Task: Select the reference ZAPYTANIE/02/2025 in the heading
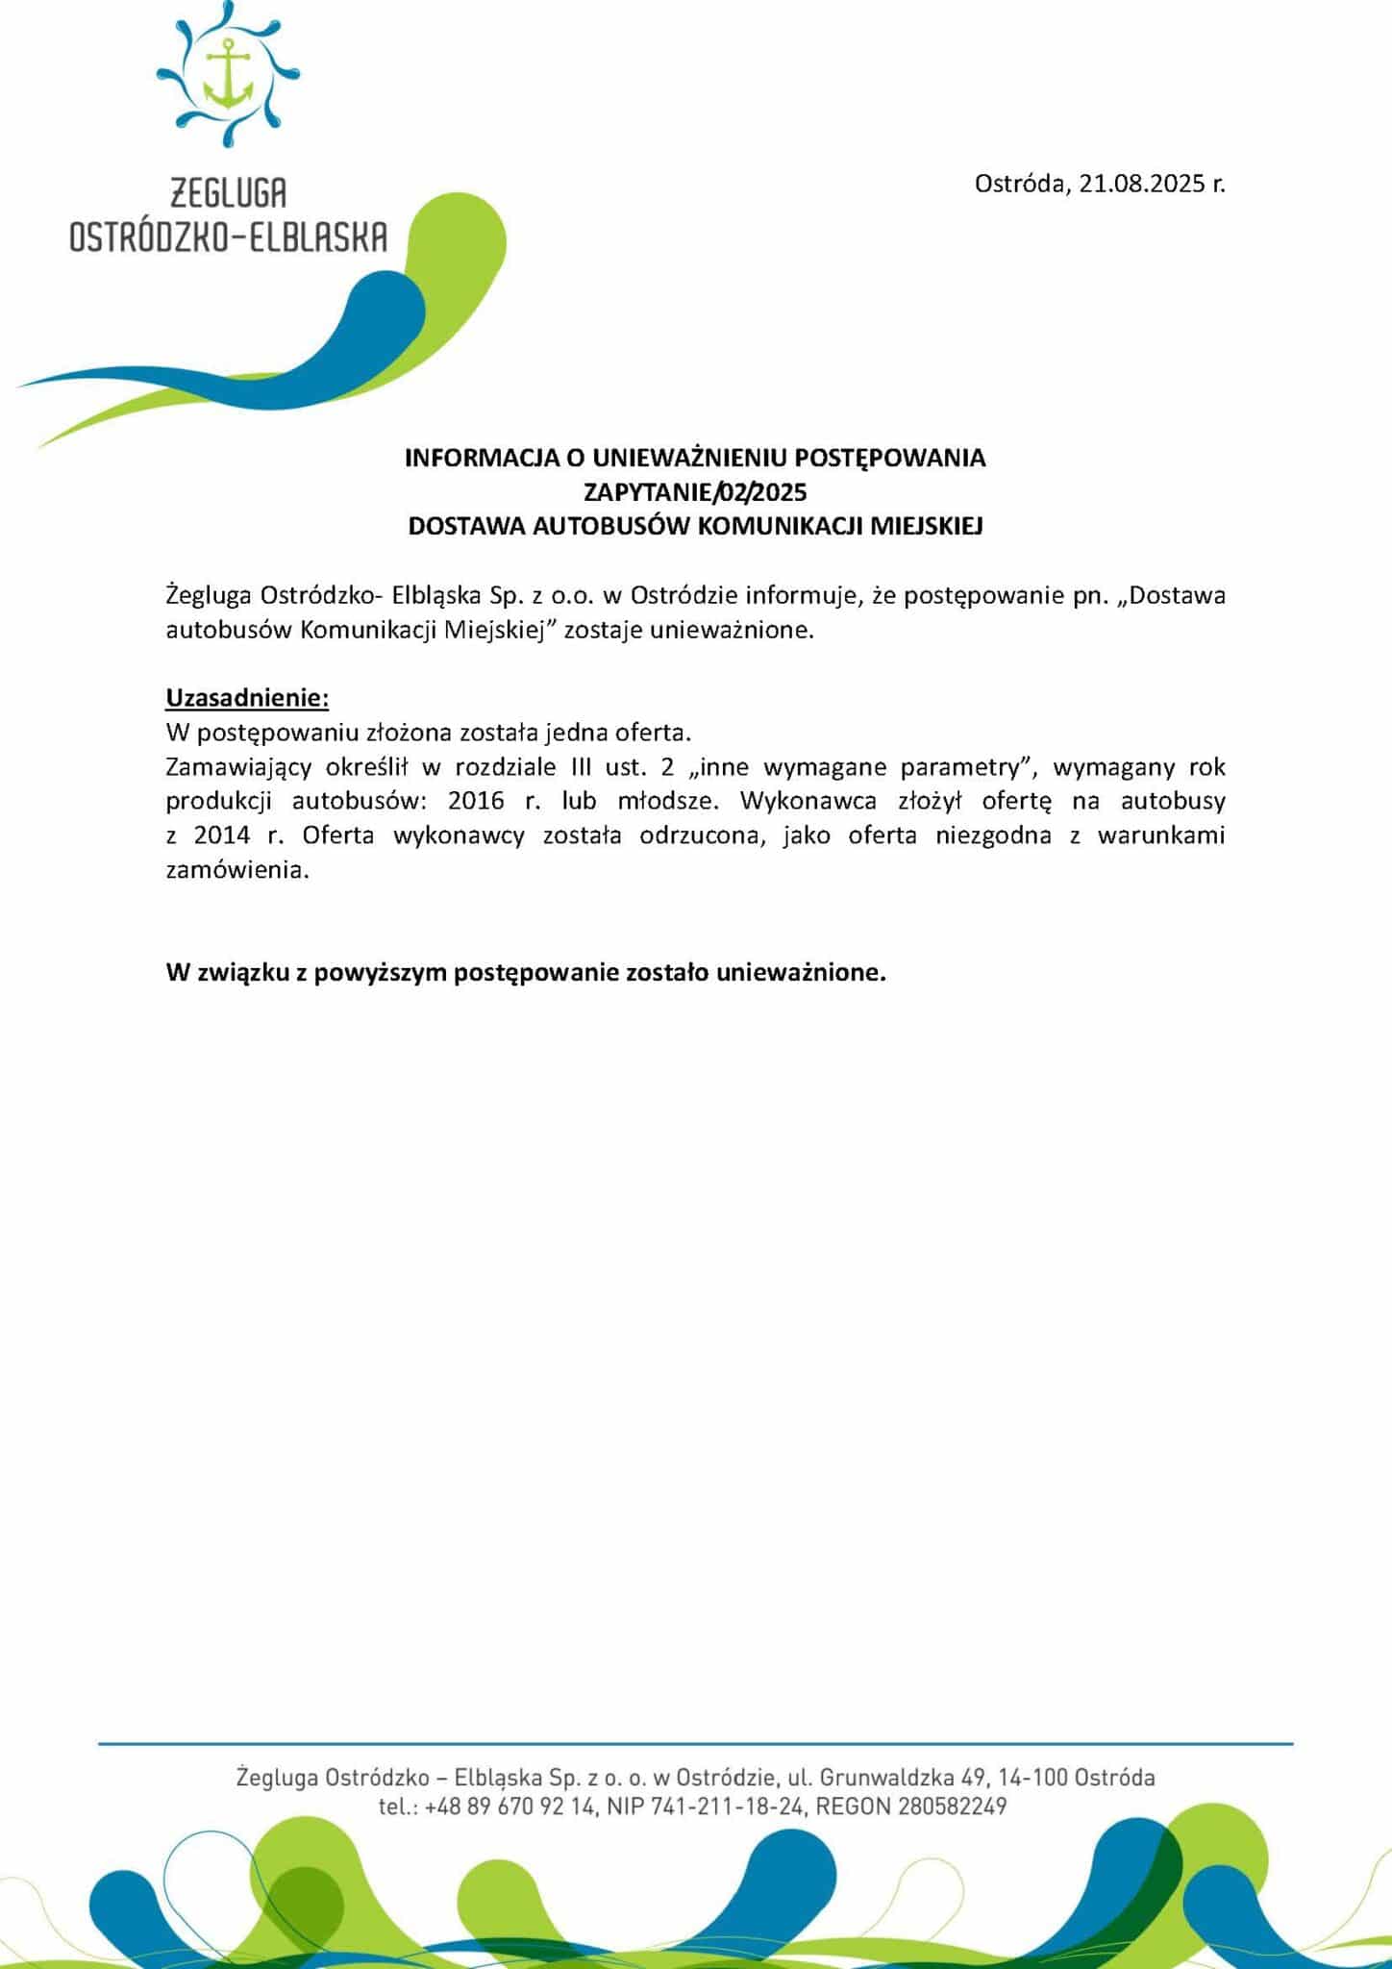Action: pos(695,492)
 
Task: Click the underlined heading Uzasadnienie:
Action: pos(247,696)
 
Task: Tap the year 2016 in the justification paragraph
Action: pos(476,801)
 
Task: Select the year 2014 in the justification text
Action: pos(222,835)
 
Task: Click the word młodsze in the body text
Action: pos(672,801)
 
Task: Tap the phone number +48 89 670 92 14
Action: pos(510,1807)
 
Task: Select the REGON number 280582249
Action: pos(952,1807)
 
